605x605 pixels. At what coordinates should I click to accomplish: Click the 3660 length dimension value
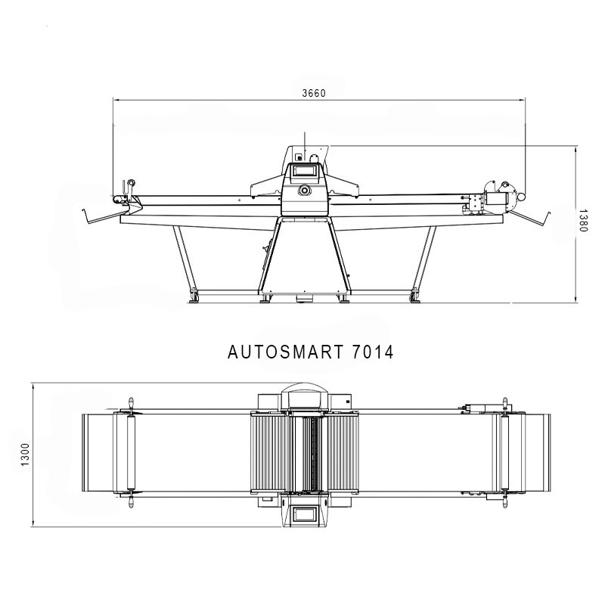[314, 93]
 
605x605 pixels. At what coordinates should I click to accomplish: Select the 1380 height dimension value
[582, 221]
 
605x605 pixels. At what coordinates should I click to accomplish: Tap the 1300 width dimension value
[25, 455]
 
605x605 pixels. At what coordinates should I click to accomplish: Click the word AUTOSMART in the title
[285, 352]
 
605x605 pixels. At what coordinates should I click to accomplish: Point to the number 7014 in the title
[373, 352]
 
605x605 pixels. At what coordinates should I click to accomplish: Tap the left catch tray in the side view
[104, 217]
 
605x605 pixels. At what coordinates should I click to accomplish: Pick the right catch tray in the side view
[529, 218]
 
